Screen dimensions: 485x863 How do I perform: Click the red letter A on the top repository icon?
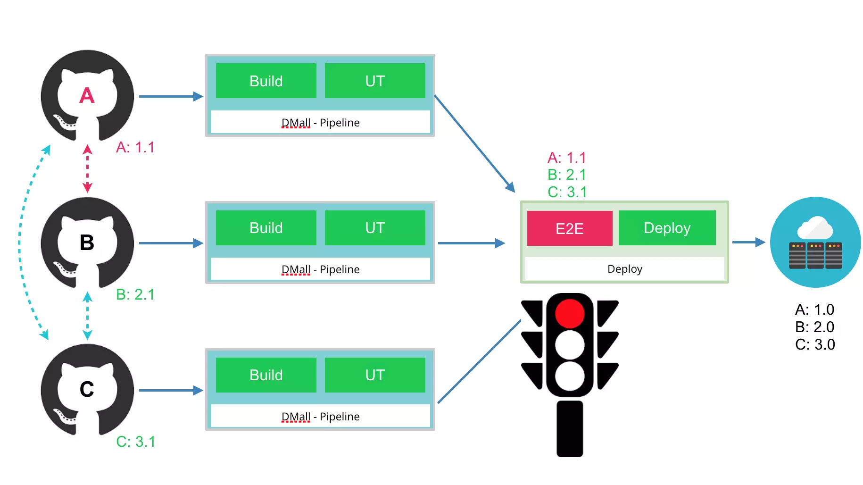coord(87,96)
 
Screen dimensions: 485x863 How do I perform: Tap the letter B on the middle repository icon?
coord(87,243)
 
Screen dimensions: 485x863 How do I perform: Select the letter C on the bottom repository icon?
coord(87,389)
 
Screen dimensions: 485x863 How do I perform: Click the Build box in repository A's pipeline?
coord(266,81)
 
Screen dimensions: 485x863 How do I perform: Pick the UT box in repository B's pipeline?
coord(375,228)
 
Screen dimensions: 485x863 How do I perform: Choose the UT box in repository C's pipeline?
coord(375,375)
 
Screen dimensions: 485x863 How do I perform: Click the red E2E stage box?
coord(570,228)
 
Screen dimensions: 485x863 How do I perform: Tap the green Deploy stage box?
coord(667,228)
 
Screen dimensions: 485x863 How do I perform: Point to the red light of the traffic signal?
coord(570,314)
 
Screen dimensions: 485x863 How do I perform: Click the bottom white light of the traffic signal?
coord(570,376)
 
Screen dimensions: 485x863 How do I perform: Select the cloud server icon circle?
coord(815,242)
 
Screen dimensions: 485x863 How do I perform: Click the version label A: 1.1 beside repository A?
coord(135,147)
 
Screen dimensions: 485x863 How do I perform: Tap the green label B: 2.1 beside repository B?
coord(135,294)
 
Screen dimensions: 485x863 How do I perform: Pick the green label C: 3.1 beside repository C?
coord(136,442)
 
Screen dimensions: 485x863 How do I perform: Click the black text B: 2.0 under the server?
coord(815,327)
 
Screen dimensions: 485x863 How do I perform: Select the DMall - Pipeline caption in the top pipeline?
coord(321,123)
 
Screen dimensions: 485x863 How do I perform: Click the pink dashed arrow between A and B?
coord(87,169)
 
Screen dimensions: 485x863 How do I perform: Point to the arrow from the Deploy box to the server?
coord(748,242)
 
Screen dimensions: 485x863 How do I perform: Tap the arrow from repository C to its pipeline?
coord(171,390)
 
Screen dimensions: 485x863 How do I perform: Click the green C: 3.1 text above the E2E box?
coord(567,192)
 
